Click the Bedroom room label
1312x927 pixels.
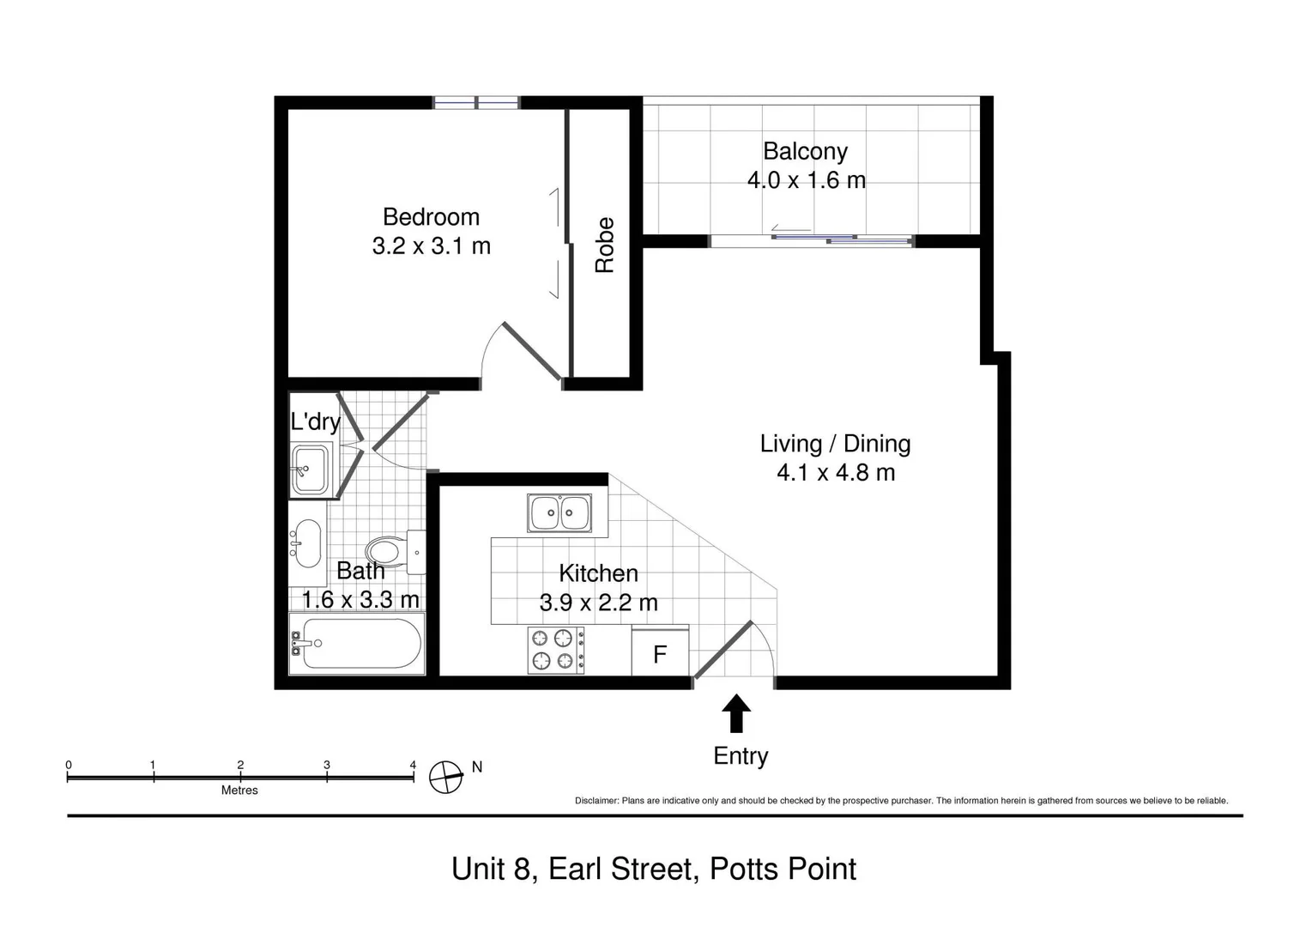tap(431, 216)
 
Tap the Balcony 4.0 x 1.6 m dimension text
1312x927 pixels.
tap(806, 180)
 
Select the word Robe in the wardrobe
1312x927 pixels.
tap(605, 245)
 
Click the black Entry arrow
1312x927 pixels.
tap(736, 712)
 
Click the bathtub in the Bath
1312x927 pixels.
tap(357, 644)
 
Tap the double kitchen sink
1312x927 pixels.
tap(559, 513)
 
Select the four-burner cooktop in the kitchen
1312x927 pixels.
tap(556, 650)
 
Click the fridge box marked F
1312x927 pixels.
tap(660, 655)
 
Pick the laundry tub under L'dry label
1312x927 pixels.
tap(310, 470)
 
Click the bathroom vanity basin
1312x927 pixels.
tap(305, 543)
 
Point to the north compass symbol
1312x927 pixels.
tap(446, 777)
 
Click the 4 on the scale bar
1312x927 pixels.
tap(413, 765)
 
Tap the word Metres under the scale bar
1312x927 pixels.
tap(239, 791)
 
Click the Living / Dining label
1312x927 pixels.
tap(835, 444)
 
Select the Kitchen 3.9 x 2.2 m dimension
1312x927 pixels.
tap(598, 603)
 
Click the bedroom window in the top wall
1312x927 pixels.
tap(476, 103)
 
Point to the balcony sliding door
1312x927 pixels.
tap(841, 239)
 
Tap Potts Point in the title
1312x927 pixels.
tap(783, 869)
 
